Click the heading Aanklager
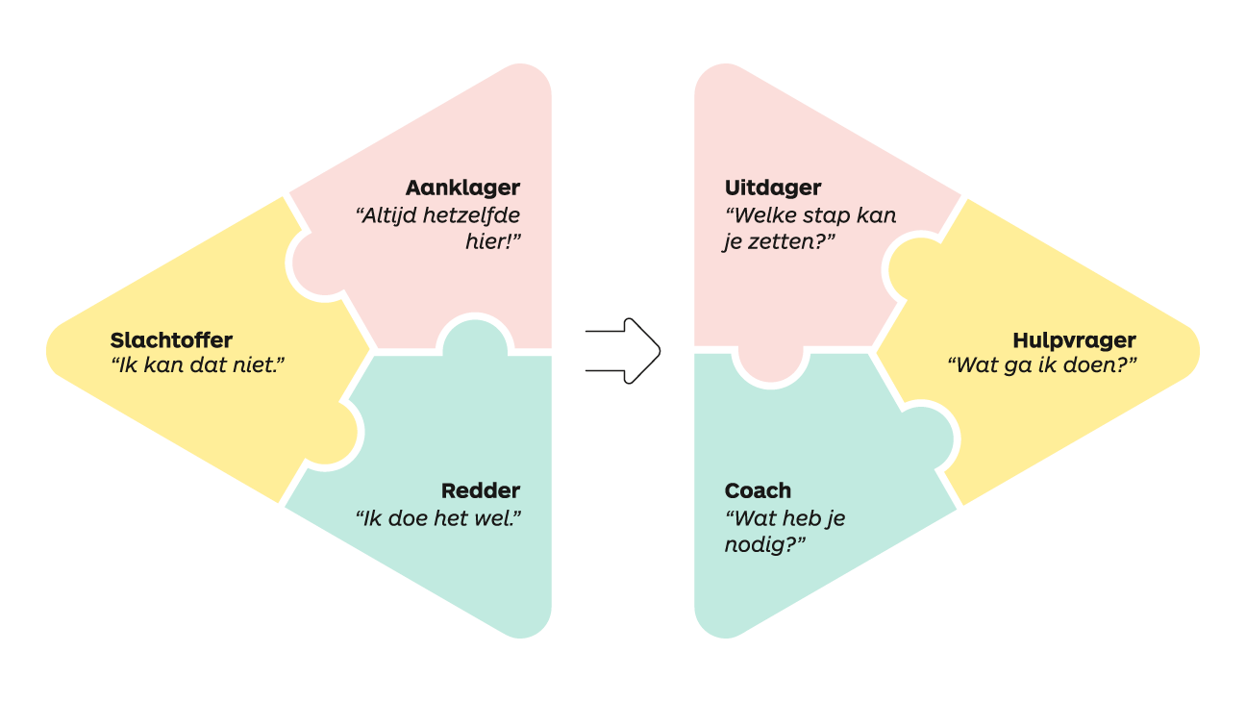(x=462, y=188)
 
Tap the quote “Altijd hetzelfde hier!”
(x=438, y=228)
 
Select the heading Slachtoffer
(x=171, y=340)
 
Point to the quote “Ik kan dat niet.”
(x=198, y=365)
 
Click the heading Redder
(x=481, y=490)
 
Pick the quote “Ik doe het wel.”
(x=438, y=518)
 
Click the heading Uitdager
(x=773, y=188)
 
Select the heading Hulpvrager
(x=1074, y=340)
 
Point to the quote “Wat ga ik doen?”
(x=1042, y=365)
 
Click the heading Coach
(x=758, y=490)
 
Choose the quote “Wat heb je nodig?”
(x=785, y=531)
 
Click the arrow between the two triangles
(x=623, y=351)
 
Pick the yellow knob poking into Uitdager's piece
(x=909, y=267)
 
